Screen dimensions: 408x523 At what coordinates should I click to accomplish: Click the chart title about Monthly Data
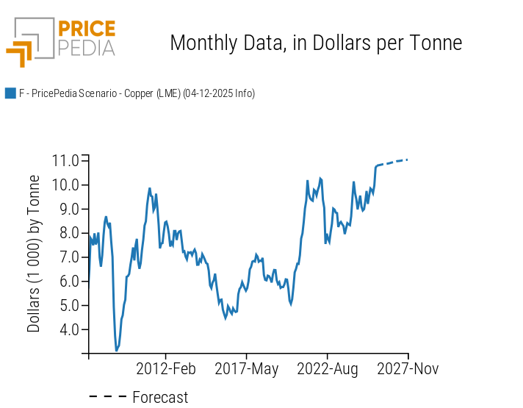[316, 43]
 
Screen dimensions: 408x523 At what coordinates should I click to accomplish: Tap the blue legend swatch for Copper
[10, 93]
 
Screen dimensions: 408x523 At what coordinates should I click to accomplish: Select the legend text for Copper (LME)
[137, 93]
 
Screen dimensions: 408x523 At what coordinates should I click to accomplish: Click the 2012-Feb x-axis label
[166, 368]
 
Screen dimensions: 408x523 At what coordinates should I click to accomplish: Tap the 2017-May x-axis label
[247, 368]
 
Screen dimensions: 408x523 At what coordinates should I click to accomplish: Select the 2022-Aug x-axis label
[328, 368]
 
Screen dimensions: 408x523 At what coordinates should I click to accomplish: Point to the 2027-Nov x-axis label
[408, 368]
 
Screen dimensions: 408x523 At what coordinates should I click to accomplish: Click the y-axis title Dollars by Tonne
[34, 254]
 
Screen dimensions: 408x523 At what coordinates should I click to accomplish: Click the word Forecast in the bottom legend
[160, 398]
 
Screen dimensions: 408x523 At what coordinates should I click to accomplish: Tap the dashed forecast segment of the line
[393, 162]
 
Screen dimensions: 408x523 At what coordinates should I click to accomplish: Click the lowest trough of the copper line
[116, 351]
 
